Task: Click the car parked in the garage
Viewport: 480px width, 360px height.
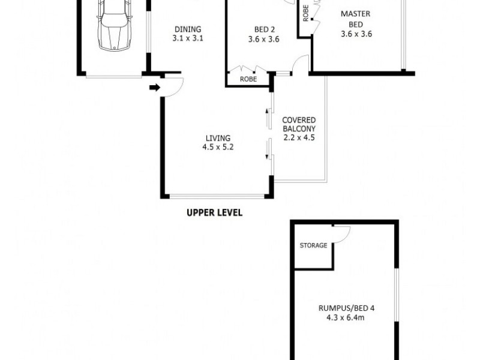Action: [115, 27]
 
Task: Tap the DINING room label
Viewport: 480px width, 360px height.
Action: [187, 29]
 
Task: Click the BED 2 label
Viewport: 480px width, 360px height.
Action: [265, 29]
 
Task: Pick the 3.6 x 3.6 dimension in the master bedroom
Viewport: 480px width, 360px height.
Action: [356, 34]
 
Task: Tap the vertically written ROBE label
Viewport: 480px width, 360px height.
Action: [305, 14]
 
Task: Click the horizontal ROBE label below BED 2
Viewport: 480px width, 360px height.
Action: [248, 79]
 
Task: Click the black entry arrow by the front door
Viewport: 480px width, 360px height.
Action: [155, 88]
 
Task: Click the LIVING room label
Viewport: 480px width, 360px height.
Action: [217, 137]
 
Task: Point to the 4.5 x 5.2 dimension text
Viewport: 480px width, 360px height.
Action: [217, 146]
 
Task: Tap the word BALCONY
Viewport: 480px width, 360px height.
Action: [299, 128]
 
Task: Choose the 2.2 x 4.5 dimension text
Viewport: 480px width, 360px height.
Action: [299, 137]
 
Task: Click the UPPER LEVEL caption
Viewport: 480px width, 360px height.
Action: [214, 213]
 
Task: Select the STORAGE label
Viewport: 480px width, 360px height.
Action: [313, 245]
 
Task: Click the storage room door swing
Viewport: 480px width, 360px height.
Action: [342, 235]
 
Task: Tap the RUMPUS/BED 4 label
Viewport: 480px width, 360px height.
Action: [346, 308]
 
